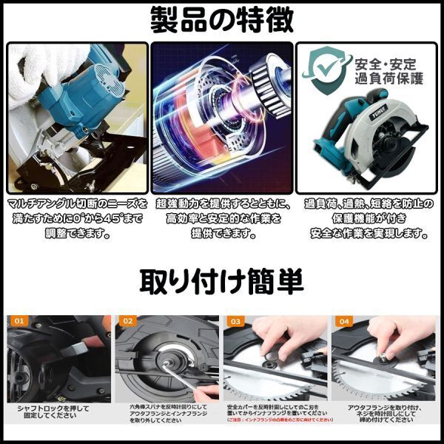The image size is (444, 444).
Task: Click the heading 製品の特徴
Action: coord(222,20)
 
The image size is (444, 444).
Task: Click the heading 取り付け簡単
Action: coord(222,281)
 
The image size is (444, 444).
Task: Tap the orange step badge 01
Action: coord(18,322)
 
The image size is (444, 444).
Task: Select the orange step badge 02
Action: coord(127,322)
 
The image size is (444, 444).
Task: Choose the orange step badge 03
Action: coord(235,322)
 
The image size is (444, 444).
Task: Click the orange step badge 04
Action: coord(343,322)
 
